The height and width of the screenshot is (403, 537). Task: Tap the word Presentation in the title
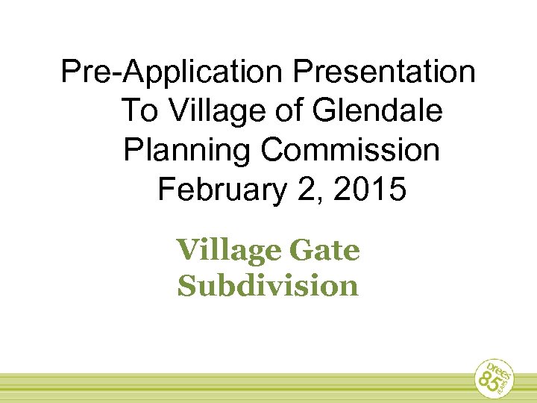[x=385, y=73]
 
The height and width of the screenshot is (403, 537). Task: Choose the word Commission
[x=351, y=151]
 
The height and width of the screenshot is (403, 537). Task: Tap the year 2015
[x=371, y=190]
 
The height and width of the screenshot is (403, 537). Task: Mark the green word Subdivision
[x=268, y=285]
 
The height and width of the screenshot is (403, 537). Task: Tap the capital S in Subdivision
[x=186, y=285]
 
